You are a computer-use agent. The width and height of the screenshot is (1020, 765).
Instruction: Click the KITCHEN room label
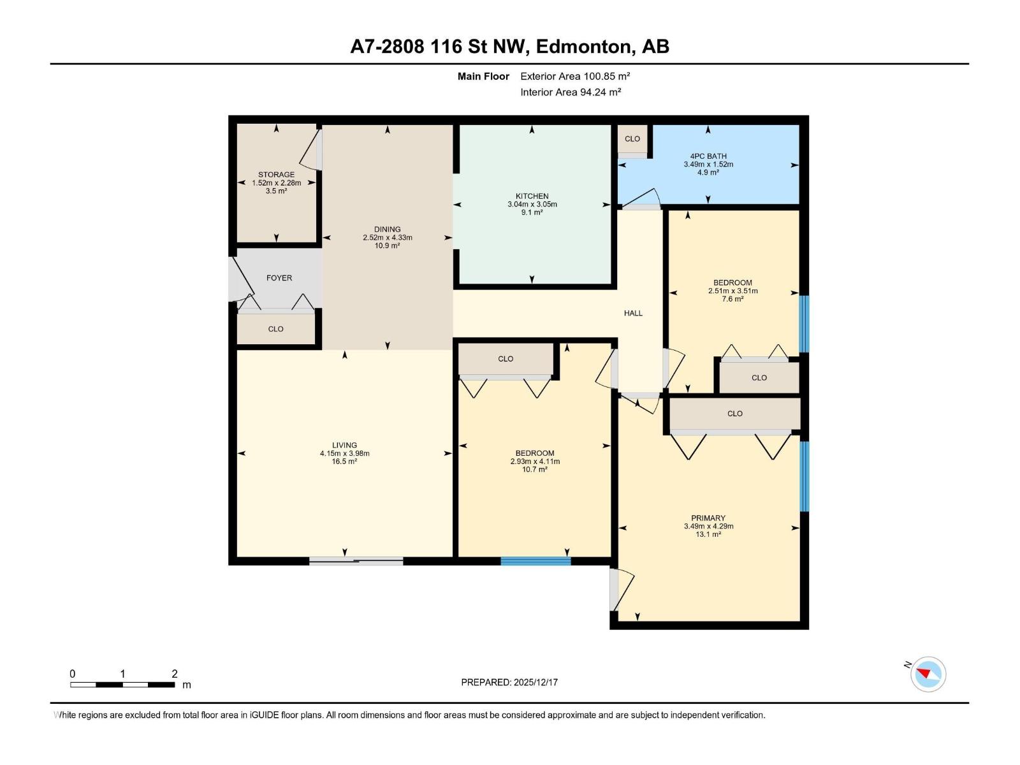[x=532, y=196]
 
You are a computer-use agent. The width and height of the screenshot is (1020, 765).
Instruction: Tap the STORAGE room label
[x=276, y=175]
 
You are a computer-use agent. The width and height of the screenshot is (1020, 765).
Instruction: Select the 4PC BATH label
[x=708, y=156]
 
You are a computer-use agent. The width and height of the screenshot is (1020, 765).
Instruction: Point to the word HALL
[x=633, y=313]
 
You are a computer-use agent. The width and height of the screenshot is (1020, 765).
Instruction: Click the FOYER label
[x=279, y=278]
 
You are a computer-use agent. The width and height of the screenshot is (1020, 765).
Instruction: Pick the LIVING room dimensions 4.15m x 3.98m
[x=344, y=454]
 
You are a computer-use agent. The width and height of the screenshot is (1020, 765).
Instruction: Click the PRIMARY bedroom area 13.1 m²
[x=708, y=535]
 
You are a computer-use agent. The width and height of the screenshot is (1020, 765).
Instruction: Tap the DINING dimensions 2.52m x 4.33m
[x=387, y=238]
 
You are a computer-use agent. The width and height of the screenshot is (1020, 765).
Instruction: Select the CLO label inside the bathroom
[x=632, y=139]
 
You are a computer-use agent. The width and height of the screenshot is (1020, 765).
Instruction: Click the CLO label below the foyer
[x=275, y=329]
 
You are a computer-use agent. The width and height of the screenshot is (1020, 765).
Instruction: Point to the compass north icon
[x=928, y=674]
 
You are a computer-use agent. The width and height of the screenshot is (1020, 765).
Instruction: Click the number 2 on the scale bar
[x=175, y=674]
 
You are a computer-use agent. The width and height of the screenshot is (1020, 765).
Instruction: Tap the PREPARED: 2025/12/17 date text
[x=509, y=682]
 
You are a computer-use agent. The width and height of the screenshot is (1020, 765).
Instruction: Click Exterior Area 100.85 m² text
[x=575, y=76]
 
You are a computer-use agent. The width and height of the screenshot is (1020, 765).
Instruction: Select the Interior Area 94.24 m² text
[x=571, y=92]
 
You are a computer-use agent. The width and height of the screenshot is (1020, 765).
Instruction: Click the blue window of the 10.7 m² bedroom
[x=535, y=561]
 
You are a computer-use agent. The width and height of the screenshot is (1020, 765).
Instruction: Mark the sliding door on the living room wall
[x=356, y=561]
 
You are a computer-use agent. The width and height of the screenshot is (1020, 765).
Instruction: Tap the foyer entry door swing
[x=242, y=279]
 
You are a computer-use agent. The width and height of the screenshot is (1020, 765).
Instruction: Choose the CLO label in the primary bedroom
[x=735, y=414]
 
